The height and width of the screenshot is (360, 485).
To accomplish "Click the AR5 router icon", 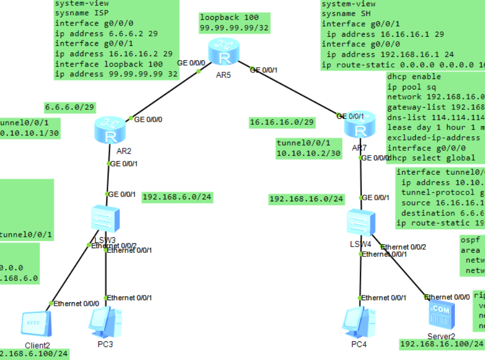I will point(222,51).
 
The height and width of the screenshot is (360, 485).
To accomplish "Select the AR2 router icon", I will point(110,130).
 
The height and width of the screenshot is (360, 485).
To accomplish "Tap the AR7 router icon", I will point(360,124).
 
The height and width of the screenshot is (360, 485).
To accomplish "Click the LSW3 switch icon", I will point(106,218).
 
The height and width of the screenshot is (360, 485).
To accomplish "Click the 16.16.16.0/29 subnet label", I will point(282,122).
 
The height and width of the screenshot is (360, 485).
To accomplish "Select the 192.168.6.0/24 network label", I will point(177,197).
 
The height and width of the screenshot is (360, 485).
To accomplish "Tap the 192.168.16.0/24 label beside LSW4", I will point(306,199).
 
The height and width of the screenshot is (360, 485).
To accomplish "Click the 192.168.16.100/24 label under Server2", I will point(442,344).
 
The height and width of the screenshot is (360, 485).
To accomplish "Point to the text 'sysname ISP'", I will point(76,14).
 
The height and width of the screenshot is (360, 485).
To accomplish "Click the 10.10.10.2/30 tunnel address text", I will point(309,153).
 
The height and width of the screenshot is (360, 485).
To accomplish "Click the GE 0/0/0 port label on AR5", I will point(191,63).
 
